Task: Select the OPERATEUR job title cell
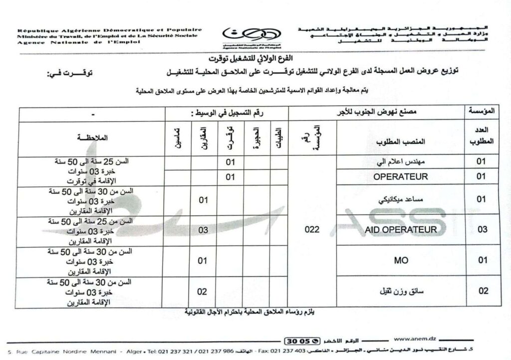coord(401,176)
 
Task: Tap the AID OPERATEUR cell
coord(401,229)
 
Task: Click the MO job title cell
coord(401,260)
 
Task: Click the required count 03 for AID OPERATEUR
coord(482,229)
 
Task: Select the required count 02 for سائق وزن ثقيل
coord(482,291)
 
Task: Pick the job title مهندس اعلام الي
coord(401,162)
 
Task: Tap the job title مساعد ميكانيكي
coord(401,199)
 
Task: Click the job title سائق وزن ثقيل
coord(401,291)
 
